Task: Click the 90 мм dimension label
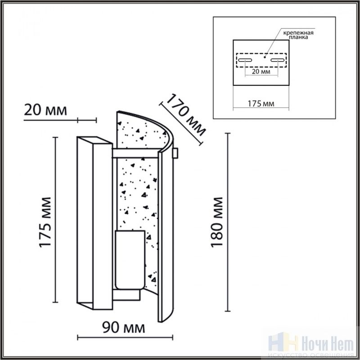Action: (x=123, y=328)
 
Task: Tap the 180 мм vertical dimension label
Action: (x=217, y=222)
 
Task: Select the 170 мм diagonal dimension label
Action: (x=185, y=115)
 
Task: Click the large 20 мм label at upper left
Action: (x=45, y=110)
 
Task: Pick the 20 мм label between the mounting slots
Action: (x=261, y=72)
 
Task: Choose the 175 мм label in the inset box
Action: (x=261, y=104)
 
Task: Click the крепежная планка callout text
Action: (x=298, y=35)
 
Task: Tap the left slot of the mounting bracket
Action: (x=245, y=60)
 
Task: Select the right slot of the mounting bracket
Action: (x=278, y=60)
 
